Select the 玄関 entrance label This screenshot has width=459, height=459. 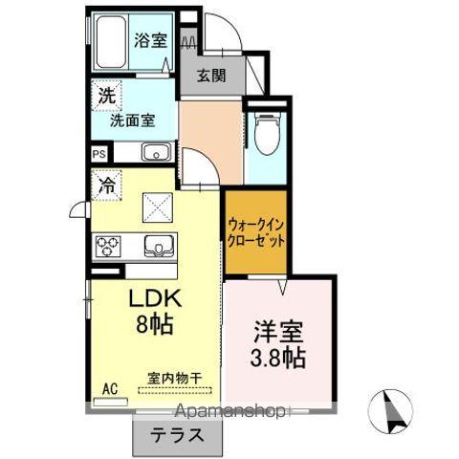click(x=211, y=77)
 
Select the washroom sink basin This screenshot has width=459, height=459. click(x=155, y=152)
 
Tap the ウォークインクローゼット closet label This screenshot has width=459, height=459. click(x=257, y=231)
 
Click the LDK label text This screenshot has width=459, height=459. click(x=155, y=298)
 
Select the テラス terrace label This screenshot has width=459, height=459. click(x=174, y=432)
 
